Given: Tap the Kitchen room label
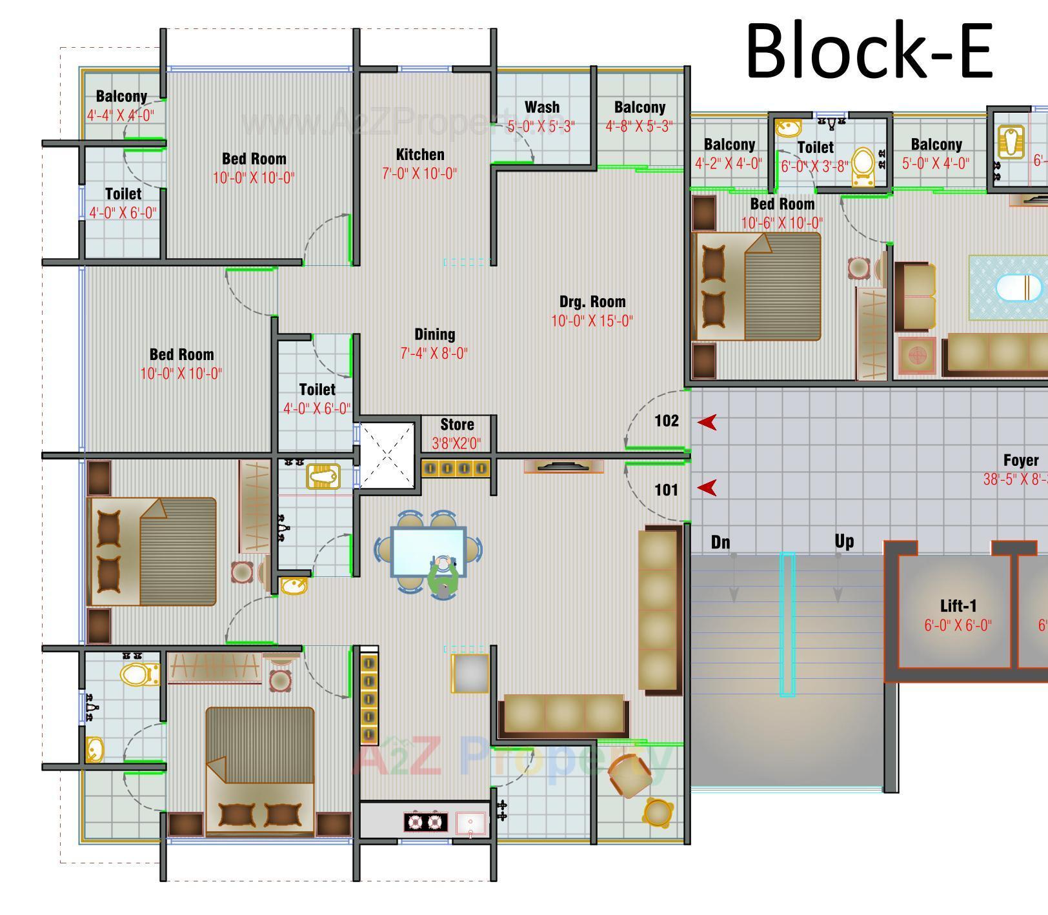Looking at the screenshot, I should point(420,155).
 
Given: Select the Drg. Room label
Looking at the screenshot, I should point(592,302).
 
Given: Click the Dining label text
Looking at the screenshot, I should point(434,334).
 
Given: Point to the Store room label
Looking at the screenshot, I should point(457,425).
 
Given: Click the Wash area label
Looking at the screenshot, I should point(542,107).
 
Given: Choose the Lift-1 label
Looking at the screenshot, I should point(958,606).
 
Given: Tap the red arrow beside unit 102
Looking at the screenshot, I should point(707,422).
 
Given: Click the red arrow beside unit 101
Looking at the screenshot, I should point(707,488).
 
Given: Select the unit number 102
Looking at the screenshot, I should point(667,421).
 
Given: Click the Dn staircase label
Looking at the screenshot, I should point(720,542).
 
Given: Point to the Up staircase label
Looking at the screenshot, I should point(843,541).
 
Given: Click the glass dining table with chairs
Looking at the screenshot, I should point(428,551).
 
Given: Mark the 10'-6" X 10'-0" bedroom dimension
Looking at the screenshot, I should point(781,223).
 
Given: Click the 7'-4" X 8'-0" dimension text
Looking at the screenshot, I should point(434,354).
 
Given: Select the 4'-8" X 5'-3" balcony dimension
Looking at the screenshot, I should point(640,126).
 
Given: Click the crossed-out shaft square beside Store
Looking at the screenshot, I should point(387,456).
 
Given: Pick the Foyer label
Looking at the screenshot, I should point(1021,460).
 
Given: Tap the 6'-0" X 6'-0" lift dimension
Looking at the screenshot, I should point(958,625).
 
